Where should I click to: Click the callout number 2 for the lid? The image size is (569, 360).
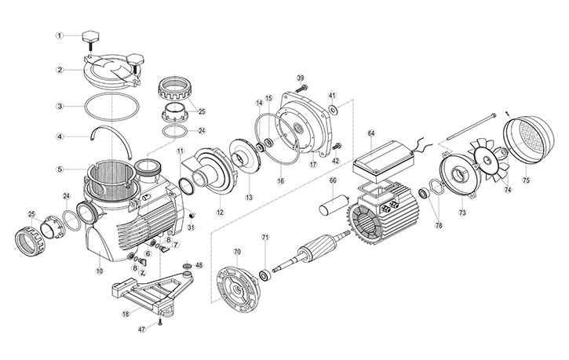[x=59, y=70]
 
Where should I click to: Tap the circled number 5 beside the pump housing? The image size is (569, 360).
[x=59, y=168]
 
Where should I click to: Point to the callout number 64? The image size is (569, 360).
[x=371, y=133]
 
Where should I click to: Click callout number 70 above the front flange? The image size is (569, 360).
[x=237, y=252]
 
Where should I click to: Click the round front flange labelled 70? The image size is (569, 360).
[x=237, y=285]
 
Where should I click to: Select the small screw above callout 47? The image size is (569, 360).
[x=159, y=319]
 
